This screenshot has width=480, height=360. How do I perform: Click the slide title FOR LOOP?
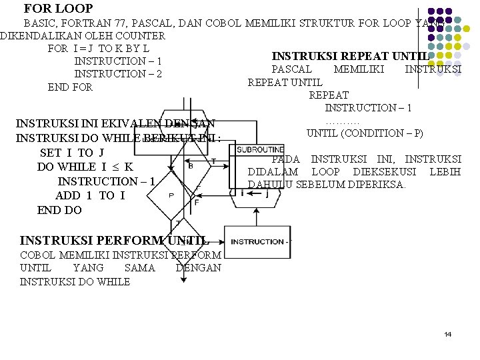pos(58,9)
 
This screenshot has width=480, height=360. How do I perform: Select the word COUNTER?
pos(141,35)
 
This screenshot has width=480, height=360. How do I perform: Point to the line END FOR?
pos(70,87)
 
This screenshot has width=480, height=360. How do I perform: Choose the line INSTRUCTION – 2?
pos(117,74)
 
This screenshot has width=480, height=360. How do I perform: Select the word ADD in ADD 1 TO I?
pos(68,195)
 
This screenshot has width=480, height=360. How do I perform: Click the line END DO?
pos(59,210)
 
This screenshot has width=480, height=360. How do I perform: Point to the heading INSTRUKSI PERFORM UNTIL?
pos(114,241)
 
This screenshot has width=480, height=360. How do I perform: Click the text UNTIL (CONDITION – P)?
pos(364,133)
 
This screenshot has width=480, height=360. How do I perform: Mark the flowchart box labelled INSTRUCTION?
pos(257,241)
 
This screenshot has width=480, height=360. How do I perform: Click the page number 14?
pos(447,334)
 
